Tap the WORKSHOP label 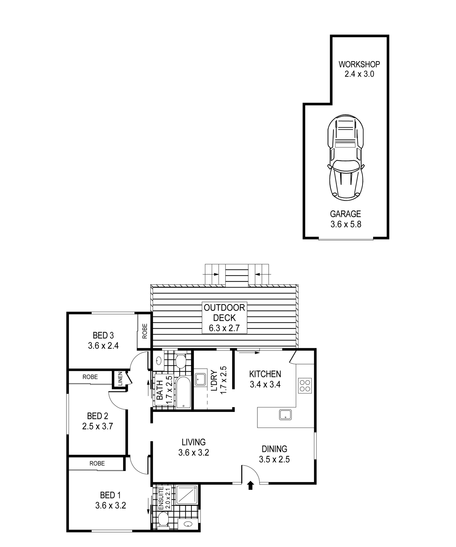(x=359, y=64)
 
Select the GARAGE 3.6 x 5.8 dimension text (x=346, y=224)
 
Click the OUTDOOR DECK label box (x=224, y=318)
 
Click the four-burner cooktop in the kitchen (x=305, y=386)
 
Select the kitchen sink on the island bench (x=285, y=415)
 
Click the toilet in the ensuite (x=163, y=519)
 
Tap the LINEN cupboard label (x=120, y=379)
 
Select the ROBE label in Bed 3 (x=145, y=331)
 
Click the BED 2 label (x=98, y=416)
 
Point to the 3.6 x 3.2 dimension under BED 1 (x=111, y=506)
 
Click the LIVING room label (x=194, y=442)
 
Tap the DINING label (x=274, y=449)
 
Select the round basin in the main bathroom (x=159, y=361)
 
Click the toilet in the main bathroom (x=180, y=361)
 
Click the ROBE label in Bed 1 (x=97, y=464)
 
